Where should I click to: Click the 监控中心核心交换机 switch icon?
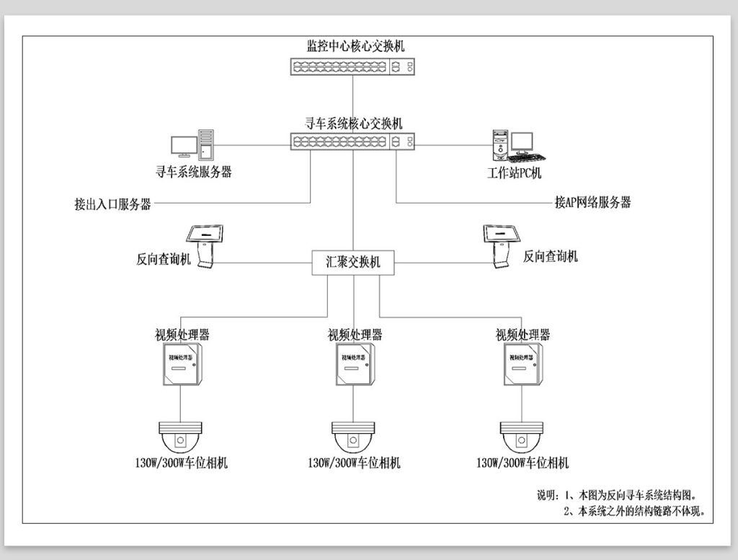point(352,67)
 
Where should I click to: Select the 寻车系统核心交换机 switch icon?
point(352,142)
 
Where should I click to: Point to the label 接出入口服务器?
point(112,204)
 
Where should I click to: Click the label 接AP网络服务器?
point(593,203)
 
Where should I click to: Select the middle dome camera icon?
point(353,437)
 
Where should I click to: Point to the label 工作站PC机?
point(514,172)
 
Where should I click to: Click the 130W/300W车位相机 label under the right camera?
point(523,463)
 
